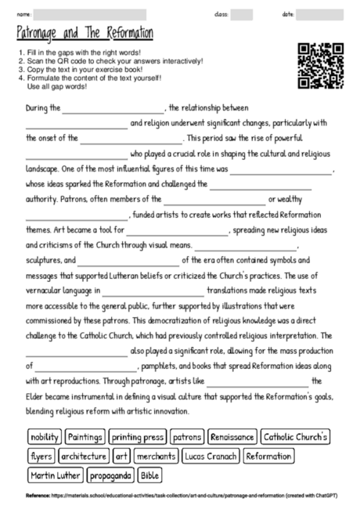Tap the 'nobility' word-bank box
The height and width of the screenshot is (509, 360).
pos(45,436)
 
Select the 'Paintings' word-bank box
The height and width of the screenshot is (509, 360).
pos(85,436)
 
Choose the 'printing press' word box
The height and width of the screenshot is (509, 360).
pos(137,436)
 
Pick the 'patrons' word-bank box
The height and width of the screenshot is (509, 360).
pos(187,436)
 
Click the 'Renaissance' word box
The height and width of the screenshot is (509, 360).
pos(232,436)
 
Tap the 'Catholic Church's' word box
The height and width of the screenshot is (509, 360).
pos(296,436)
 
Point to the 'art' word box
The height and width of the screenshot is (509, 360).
pos(121,455)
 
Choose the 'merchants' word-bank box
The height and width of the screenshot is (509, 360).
pos(157,455)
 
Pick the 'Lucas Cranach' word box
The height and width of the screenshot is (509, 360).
pos(211,455)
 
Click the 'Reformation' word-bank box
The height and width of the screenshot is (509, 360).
pos(268,455)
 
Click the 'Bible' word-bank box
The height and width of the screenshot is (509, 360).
pos(150,474)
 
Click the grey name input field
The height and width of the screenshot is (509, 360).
pos(90,14)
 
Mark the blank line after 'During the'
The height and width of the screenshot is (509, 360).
pos(113,109)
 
